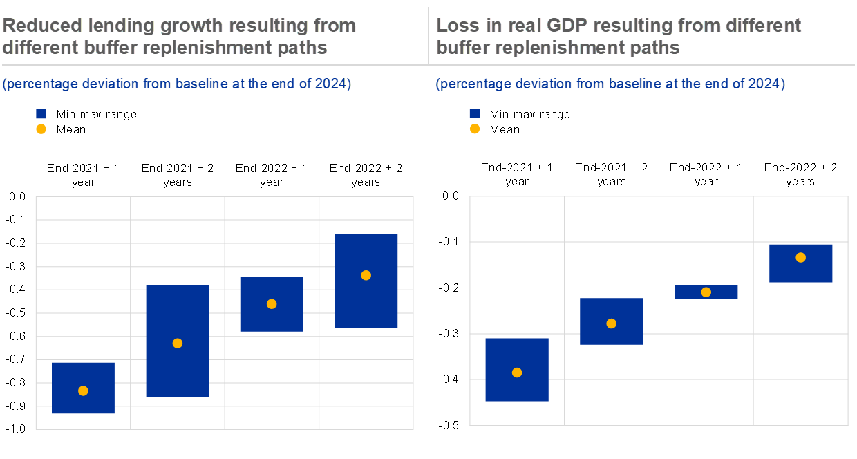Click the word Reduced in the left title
tap(42, 26)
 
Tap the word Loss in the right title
tap(453, 26)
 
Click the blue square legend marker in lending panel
tap(41, 113)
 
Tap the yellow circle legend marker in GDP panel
tap(475, 129)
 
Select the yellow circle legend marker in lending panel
tap(41, 129)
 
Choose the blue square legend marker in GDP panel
tap(475, 113)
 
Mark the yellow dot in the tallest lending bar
tap(178, 344)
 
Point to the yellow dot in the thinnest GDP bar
tap(706, 292)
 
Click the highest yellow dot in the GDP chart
tap(800, 258)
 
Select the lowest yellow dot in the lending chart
tap(83, 391)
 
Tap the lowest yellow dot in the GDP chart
tap(517, 373)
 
